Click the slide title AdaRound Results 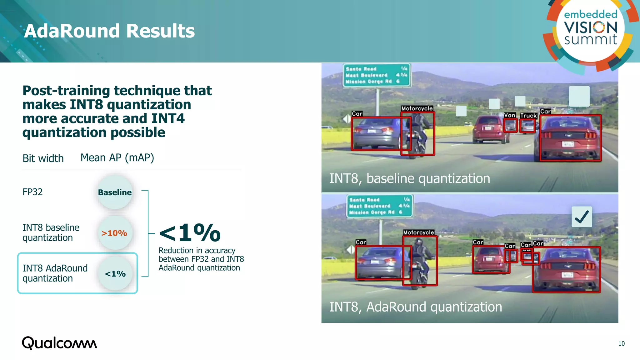109,31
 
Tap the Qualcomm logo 59,343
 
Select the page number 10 621,343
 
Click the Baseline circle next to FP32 115,192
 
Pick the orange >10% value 114,233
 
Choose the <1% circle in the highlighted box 115,274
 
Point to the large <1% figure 190,233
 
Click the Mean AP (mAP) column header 117,158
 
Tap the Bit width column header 43,158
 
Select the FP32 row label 32,192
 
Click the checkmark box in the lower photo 582,217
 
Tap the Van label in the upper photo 510,115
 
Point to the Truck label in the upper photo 528,116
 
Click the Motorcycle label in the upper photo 417,108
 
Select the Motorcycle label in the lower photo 418,232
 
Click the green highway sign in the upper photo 376,75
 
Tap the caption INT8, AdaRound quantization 416,307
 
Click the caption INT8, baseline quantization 410,178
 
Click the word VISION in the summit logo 591,27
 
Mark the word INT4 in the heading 168,119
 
